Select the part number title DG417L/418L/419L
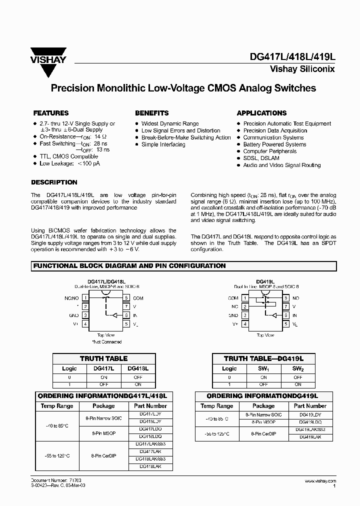click(292, 57)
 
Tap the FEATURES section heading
click(50, 113)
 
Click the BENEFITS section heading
click(151, 113)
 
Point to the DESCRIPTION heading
click(54, 182)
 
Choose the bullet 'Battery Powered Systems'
click(274, 144)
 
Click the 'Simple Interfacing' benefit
click(163, 144)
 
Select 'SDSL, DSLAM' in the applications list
click(261, 158)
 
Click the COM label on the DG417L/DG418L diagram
click(138, 298)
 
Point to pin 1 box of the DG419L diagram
click(245, 298)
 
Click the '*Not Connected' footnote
click(106, 342)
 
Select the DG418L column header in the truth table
click(138, 368)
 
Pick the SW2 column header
click(298, 368)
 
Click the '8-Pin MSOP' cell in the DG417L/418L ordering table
click(104, 433)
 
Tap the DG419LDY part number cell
click(310, 415)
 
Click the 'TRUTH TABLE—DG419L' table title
click(263, 358)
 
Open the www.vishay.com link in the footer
click(319, 480)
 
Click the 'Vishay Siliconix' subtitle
click(302, 69)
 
